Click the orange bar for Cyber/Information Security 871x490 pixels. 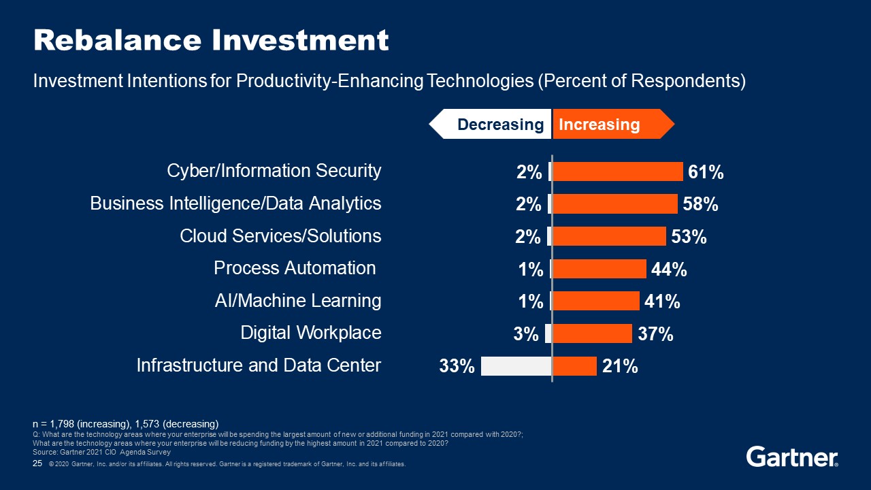pyautogui.click(x=617, y=171)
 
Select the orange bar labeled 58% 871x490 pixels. pyautogui.click(x=614, y=203)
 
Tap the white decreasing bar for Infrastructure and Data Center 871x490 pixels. pyautogui.click(x=516, y=366)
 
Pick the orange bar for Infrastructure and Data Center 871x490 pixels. pyautogui.click(x=574, y=366)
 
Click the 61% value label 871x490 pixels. pyautogui.click(x=706, y=172)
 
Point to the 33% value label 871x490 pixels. pyautogui.click(x=457, y=367)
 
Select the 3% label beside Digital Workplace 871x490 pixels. pyautogui.click(x=526, y=334)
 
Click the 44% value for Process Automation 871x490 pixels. pyautogui.click(x=669, y=269)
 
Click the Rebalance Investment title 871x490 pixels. pyautogui.click(x=211, y=41)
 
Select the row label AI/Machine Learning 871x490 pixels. pyautogui.click(x=298, y=300)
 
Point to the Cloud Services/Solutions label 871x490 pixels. pyautogui.click(x=280, y=236)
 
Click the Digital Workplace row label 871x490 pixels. pyautogui.click(x=311, y=333)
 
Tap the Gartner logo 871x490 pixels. pyautogui.click(x=792, y=457)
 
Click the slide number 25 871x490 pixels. pyautogui.click(x=38, y=463)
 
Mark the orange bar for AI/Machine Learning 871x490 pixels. pyautogui.click(x=596, y=301)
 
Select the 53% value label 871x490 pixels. pyautogui.click(x=689, y=237)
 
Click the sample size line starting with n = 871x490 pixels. pyautogui.click(x=126, y=424)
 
